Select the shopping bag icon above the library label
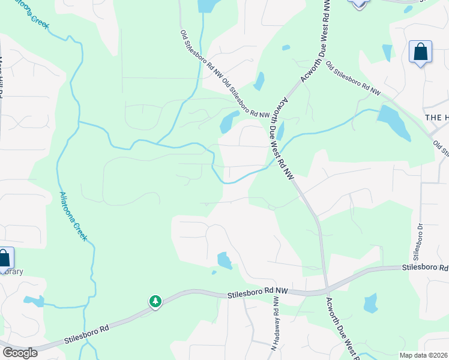click(x=4, y=259)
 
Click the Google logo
click(x=20, y=352)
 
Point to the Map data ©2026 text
click(x=423, y=355)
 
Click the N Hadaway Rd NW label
click(x=276, y=331)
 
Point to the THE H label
click(x=436, y=118)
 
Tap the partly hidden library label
click(x=11, y=271)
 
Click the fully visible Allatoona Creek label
click(x=73, y=216)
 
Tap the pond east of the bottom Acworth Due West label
click(x=370, y=303)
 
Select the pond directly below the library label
click(x=34, y=301)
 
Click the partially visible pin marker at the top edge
click(x=359, y=3)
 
